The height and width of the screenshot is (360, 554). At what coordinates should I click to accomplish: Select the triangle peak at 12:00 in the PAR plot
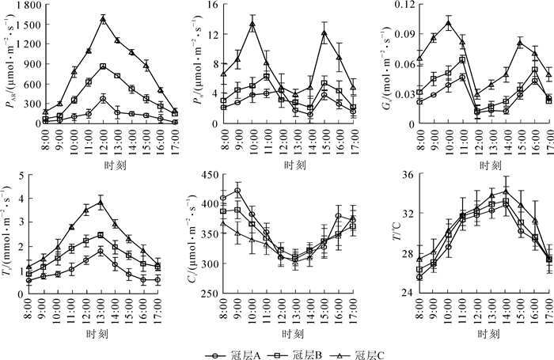point(103,19)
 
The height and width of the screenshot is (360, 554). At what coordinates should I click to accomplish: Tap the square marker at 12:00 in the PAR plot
point(103,66)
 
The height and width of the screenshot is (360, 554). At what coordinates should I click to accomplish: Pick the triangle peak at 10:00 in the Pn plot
point(252,24)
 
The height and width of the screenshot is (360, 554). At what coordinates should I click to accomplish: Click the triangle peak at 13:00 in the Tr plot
point(101,203)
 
